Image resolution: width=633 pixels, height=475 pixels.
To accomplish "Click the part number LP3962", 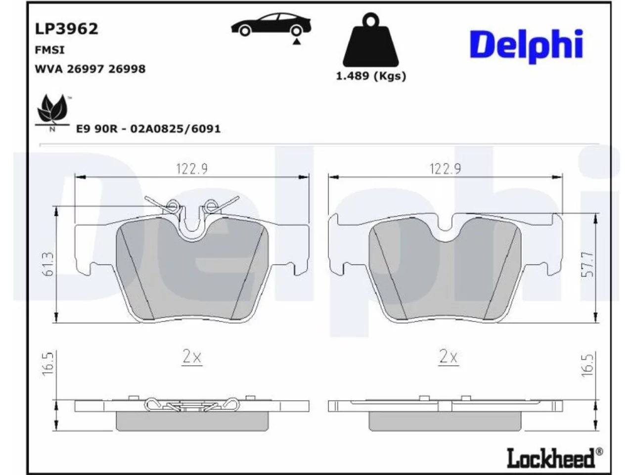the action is [67, 29].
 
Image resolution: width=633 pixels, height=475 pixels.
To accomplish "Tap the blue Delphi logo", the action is [526, 46].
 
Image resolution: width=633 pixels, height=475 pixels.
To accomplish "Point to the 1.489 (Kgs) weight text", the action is [371, 76].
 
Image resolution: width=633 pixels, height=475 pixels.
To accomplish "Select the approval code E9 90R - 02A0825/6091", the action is [148, 129].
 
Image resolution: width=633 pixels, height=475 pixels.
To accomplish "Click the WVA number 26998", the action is [127, 69].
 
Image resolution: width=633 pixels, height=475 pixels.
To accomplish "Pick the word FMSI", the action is [49, 50].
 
